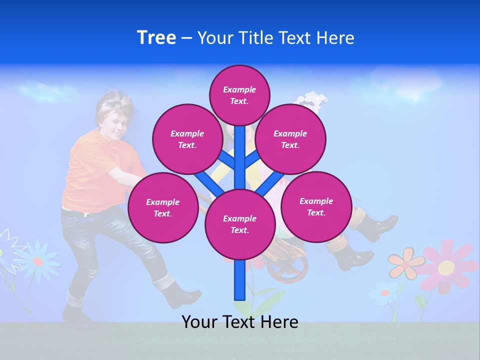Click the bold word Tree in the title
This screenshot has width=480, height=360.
coord(156,38)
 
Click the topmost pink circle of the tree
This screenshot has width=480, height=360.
coord(239,95)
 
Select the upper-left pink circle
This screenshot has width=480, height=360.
coord(187,139)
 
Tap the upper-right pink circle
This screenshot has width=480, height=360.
coord(290,139)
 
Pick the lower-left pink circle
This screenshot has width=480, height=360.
coord(163,207)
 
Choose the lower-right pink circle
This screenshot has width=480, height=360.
coord(316,206)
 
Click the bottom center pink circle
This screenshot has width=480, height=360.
coord(240,224)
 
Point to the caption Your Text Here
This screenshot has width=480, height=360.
coord(240,322)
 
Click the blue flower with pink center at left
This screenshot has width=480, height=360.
coord(37,261)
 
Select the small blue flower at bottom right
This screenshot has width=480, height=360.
coord(384,292)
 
